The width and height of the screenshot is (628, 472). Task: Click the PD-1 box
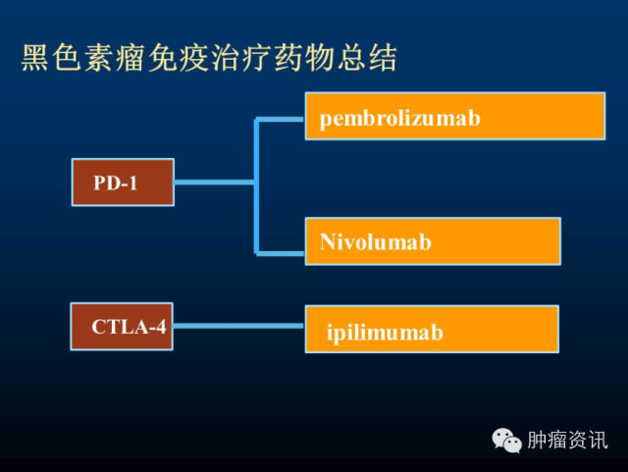[x=123, y=183]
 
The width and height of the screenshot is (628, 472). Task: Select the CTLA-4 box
[x=123, y=327]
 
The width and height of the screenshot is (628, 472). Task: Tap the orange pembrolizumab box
[x=453, y=117]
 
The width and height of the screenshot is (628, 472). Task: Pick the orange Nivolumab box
[x=433, y=241]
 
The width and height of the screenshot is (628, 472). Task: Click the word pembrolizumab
[x=399, y=119]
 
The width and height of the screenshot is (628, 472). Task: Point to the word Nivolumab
[x=376, y=241]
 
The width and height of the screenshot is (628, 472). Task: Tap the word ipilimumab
[x=385, y=333]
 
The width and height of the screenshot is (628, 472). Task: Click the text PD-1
[x=116, y=184]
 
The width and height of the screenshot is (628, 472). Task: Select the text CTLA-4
[x=129, y=327]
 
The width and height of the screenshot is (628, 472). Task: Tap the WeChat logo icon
[x=507, y=440]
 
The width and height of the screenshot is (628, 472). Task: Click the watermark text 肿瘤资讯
[x=566, y=440]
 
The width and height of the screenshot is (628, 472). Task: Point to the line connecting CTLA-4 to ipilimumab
[x=239, y=326]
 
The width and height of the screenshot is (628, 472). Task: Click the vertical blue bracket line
[x=257, y=186]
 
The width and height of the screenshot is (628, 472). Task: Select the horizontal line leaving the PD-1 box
[x=214, y=183]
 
